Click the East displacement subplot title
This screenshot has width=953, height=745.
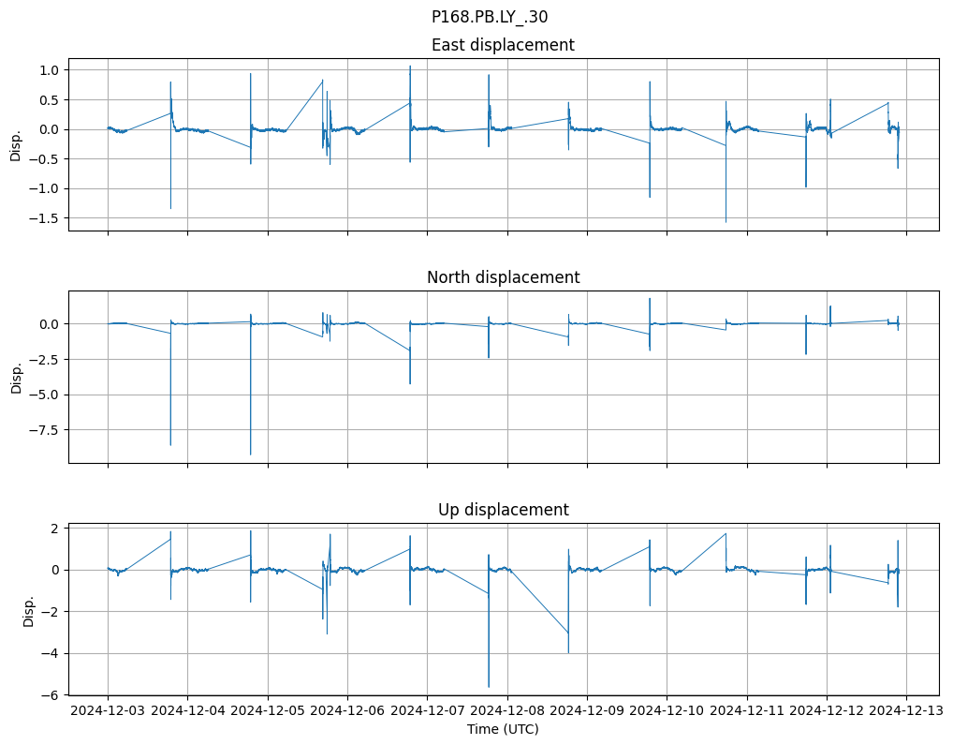(x=503, y=45)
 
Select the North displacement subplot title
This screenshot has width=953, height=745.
(x=503, y=277)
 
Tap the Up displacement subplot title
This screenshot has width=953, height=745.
(x=503, y=510)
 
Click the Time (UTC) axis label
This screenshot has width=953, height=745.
(x=503, y=729)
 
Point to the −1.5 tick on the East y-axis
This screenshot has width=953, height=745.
(x=45, y=218)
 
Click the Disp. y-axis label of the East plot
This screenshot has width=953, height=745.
(x=16, y=145)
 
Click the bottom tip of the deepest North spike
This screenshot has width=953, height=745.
(x=250, y=454)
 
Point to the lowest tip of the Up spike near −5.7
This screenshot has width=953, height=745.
(x=489, y=687)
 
